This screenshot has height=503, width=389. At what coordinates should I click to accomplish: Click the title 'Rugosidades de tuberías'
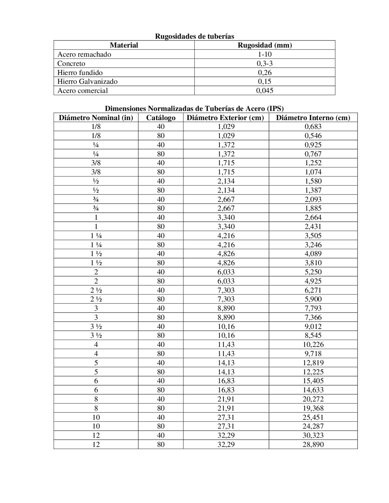click(x=194, y=36)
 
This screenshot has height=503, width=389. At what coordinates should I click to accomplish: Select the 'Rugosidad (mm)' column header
click(x=265, y=45)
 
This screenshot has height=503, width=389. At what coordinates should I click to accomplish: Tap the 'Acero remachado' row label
click(x=84, y=54)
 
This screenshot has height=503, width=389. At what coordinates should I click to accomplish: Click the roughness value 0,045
click(x=265, y=91)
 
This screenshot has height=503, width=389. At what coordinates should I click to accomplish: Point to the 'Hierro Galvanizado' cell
click(x=87, y=81)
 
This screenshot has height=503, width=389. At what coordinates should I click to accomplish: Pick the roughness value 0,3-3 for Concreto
click(x=265, y=63)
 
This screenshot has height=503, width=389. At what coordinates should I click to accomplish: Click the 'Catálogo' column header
click(x=161, y=118)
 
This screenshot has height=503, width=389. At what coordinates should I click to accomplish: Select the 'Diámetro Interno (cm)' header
click(x=313, y=118)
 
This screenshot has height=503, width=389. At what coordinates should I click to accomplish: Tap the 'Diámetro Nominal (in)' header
click(x=96, y=118)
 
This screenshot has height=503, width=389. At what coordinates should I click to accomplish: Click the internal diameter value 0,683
click(x=313, y=127)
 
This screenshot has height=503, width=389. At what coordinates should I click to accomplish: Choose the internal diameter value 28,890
click(x=313, y=444)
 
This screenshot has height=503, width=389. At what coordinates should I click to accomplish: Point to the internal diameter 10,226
click(x=313, y=344)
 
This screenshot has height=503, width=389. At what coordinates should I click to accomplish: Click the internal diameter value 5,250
click(x=313, y=272)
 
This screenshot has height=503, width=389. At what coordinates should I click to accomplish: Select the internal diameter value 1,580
click(x=313, y=181)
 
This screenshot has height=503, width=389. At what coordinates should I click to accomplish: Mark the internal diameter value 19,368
click(x=313, y=408)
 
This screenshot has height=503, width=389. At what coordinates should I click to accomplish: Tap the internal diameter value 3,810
click(x=313, y=263)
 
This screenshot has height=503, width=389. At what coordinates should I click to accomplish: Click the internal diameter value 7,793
click(x=313, y=308)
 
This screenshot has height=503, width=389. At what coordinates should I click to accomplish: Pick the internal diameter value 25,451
click(x=313, y=417)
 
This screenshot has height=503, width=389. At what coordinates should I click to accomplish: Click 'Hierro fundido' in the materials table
click(x=80, y=73)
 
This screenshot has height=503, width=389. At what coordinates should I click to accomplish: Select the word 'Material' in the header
click(x=124, y=45)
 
